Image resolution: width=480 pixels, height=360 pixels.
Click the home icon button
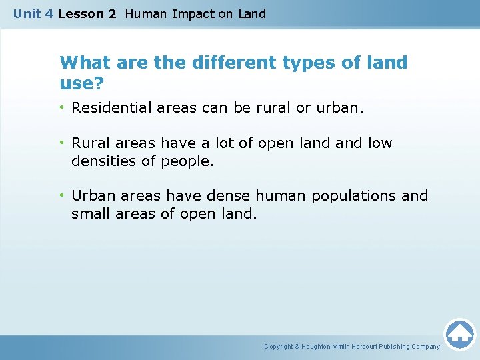[x=459, y=333]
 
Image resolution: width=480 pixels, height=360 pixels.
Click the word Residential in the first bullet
[x=111, y=107]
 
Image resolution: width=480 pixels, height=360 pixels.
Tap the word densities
[x=102, y=161]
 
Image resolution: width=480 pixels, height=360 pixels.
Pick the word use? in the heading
[x=82, y=83]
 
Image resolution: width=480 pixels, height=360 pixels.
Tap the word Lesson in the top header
[x=79, y=13]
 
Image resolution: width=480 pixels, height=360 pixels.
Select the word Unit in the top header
[x=27, y=13]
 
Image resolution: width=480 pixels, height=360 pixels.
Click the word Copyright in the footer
[x=279, y=347]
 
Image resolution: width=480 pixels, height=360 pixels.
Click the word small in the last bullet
[x=91, y=214]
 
